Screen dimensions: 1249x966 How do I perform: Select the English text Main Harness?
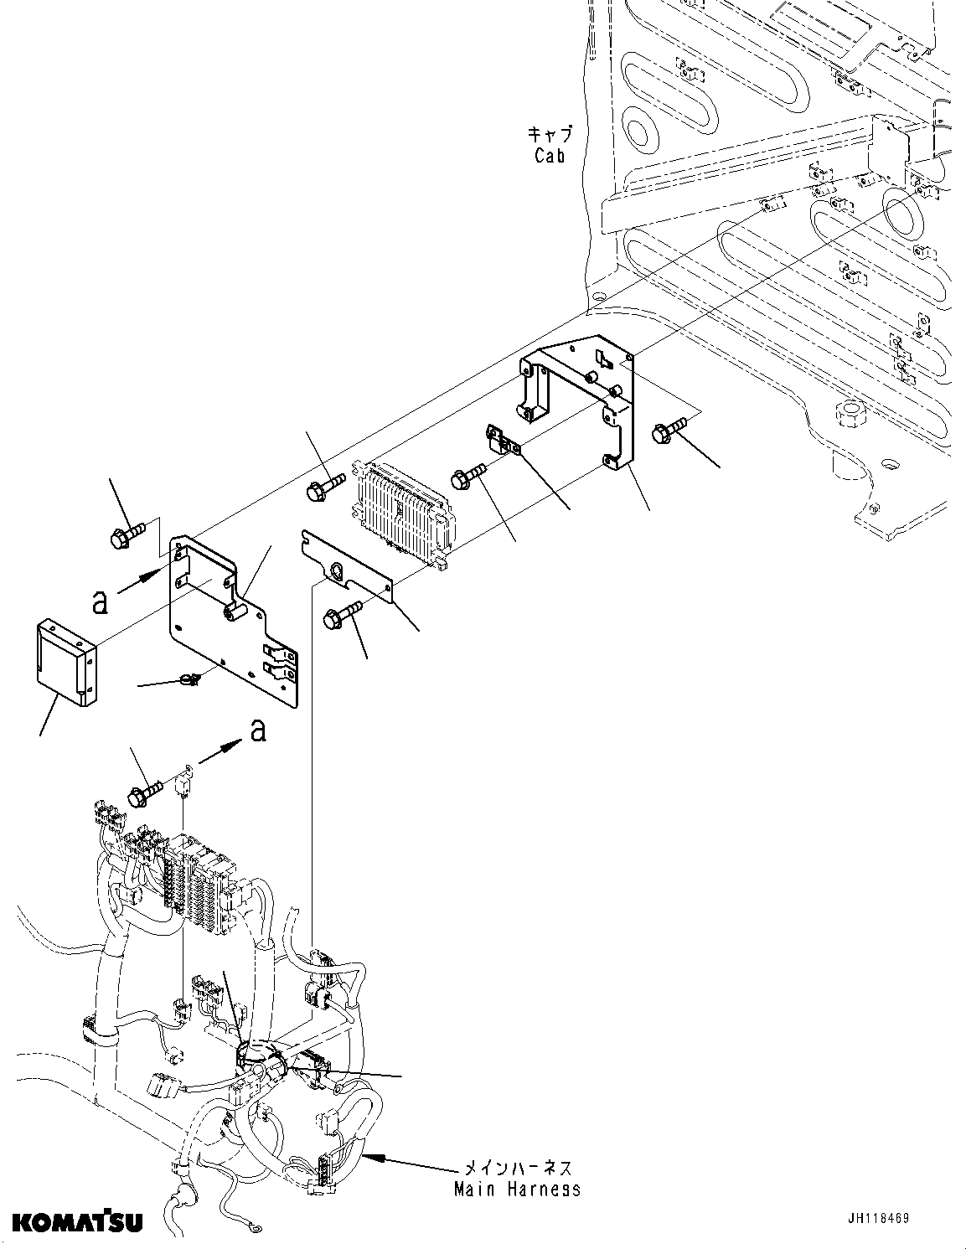click(x=517, y=1189)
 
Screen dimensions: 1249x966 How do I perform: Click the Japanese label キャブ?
click(x=550, y=134)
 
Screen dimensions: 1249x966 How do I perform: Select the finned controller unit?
click(x=406, y=511)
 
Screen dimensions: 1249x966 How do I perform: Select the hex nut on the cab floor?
click(x=841, y=412)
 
